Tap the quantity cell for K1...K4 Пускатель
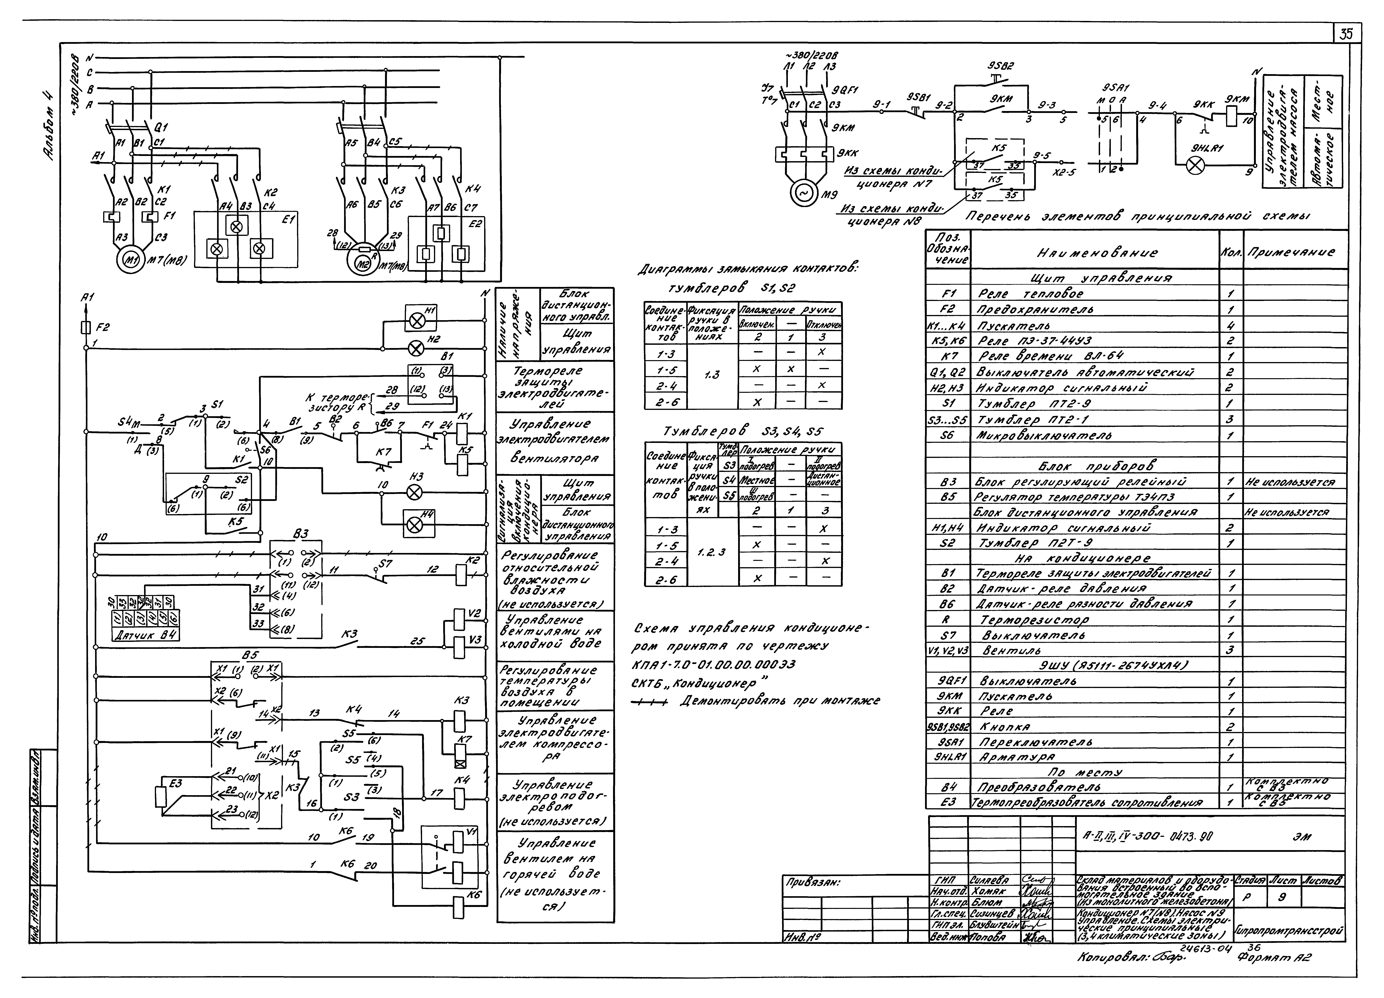(x=1231, y=326)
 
